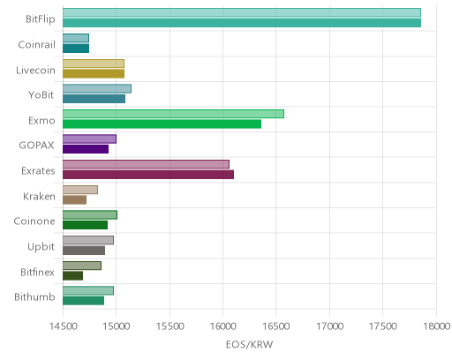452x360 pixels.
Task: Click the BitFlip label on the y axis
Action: click(x=41, y=19)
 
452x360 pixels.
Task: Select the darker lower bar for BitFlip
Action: click(x=242, y=23)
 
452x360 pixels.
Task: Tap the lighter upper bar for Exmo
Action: click(x=173, y=114)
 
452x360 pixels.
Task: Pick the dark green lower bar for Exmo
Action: click(x=162, y=124)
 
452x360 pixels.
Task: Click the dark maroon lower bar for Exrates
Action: click(x=148, y=175)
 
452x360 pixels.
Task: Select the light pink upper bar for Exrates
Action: click(x=146, y=164)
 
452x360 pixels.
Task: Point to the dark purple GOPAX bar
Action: click(x=86, y=149)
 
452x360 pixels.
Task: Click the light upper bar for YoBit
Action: click(x=97, y=88)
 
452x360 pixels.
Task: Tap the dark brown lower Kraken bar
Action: click(x=74, y=200)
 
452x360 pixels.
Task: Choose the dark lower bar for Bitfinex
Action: click(x=72, y=276)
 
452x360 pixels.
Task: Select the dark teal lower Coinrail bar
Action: click(x=76, y=49)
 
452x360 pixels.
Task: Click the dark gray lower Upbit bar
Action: click(x=84, y=251)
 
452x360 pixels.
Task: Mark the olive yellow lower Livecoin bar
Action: click(x=94, y=73)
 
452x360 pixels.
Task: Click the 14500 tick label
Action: click(x=63, y=326)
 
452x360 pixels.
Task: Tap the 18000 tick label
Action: click(x=436, y=326)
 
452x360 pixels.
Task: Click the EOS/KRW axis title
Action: click(x=249, y=344)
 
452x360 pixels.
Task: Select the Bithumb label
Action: click(x=34, y=296)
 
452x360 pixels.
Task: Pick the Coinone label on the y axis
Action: click(x=34, y=221)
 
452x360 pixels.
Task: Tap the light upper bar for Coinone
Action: click(x=90, y=215)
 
